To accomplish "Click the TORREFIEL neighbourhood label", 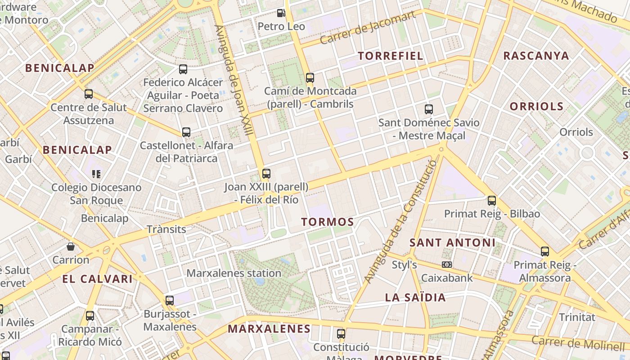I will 391,56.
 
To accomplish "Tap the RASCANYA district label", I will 536,56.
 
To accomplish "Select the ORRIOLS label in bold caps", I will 536,107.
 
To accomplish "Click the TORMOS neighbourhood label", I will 328,222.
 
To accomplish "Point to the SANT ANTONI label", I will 452,243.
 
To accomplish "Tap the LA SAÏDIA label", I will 415,297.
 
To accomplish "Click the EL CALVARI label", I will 98,279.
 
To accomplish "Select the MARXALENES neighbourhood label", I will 269,329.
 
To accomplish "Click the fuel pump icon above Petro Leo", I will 281,13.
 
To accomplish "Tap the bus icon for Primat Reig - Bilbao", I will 492,201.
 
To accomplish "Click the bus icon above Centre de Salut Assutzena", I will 89,94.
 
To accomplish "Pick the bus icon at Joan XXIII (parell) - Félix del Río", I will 266,174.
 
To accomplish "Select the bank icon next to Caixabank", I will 447,265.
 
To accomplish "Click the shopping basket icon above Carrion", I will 71,247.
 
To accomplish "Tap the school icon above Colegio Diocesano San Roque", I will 96,174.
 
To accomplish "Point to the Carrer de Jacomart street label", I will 368,28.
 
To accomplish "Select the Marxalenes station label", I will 234,273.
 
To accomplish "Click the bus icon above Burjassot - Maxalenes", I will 170,300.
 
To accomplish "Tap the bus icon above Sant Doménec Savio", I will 429,109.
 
